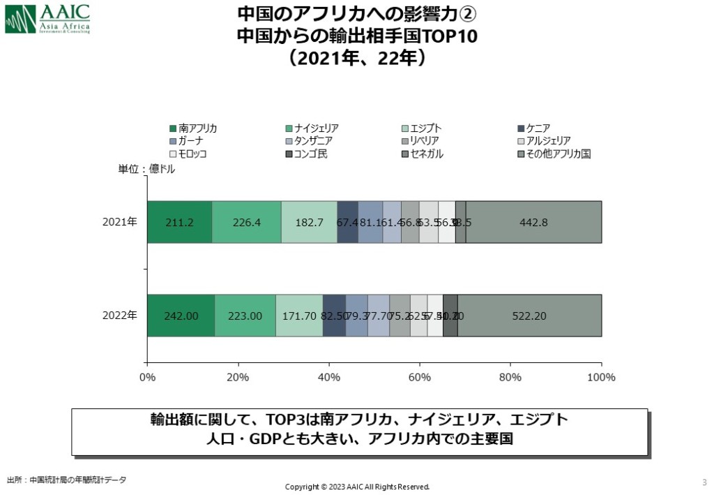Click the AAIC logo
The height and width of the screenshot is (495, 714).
(47, 19)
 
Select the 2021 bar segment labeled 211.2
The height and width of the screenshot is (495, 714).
(179, 222)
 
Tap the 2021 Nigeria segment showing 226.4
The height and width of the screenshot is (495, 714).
(246, 222)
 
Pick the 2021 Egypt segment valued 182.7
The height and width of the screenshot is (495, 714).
(309, 222)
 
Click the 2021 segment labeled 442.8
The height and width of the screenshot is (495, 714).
(533, 222)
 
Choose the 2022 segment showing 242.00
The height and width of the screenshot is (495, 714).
(181, 316)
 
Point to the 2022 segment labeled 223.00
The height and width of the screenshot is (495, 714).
(245, 316)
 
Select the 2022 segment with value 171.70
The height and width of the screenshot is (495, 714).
(299, 316)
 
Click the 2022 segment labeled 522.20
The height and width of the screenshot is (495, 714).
(529, 316)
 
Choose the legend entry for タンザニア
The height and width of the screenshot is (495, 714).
(313, 141)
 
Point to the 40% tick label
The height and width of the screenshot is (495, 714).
(329, 378)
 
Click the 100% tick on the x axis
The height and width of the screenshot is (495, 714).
(601, 378)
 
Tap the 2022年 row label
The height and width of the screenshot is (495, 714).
(120, 316)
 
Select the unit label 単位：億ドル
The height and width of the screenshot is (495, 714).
(146, 169)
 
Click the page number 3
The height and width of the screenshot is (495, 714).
(704, 482)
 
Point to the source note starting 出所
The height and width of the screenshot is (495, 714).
(67, 480)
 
